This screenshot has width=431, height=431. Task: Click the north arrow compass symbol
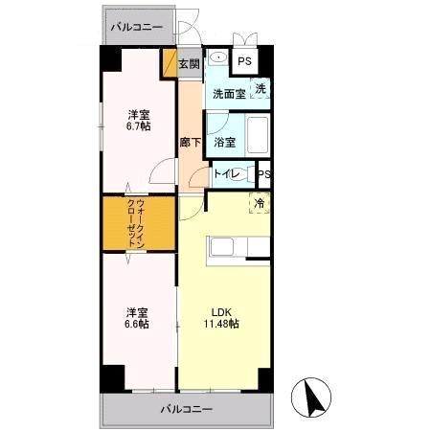tap(311, 397)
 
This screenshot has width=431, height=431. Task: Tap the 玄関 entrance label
tap(189, 64)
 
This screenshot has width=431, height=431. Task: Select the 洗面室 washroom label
tap(229, 94)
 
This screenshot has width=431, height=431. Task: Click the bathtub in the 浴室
tap(258, 135)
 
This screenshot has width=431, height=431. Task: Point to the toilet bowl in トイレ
tap(242, 174)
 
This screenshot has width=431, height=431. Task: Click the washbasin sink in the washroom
tap(219, 57)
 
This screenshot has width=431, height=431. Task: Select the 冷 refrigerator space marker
tap(260, 203)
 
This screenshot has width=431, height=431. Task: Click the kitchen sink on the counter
tap(222, 247)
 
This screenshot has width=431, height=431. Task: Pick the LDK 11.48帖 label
tap(221, 318)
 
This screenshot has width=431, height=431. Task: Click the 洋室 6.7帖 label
tap(139, 121)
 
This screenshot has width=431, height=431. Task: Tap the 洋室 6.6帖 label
tap(137, 318)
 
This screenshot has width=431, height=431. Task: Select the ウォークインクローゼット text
tap(136, 223)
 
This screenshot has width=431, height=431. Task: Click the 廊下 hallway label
tap(191, 142)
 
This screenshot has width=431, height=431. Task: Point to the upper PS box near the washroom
tap(245, 61)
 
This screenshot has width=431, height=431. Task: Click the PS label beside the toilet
tap(264, 174)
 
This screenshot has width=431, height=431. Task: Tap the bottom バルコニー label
tap(186, 409)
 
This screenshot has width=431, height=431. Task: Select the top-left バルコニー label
tap(136, 27)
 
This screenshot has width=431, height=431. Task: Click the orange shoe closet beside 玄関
tap(170, 63)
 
